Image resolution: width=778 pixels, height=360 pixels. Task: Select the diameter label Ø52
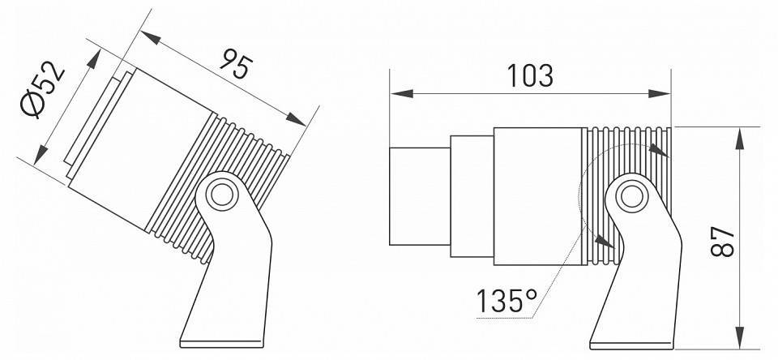(45, 92)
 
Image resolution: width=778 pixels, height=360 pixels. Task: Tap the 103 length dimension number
(530, 75)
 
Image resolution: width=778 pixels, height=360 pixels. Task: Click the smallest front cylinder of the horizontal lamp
(420, 195)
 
